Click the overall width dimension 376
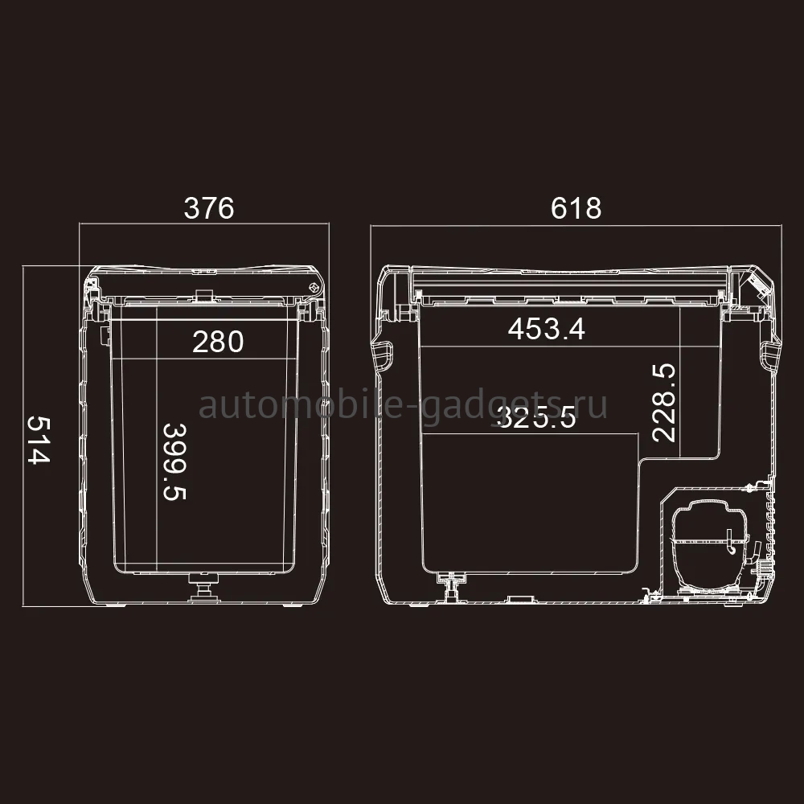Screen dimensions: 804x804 [209, 208]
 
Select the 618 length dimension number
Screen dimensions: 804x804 [576, 208]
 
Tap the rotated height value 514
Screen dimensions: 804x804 [39, 440]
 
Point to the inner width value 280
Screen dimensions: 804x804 [218, 342]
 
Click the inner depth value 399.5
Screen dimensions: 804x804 [174, 461]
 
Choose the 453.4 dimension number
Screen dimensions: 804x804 [546, 329]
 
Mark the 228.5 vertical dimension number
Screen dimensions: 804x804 [664, 403]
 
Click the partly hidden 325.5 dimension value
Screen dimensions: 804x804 [536, 417]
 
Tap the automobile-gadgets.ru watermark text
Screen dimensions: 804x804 [403, 406]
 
